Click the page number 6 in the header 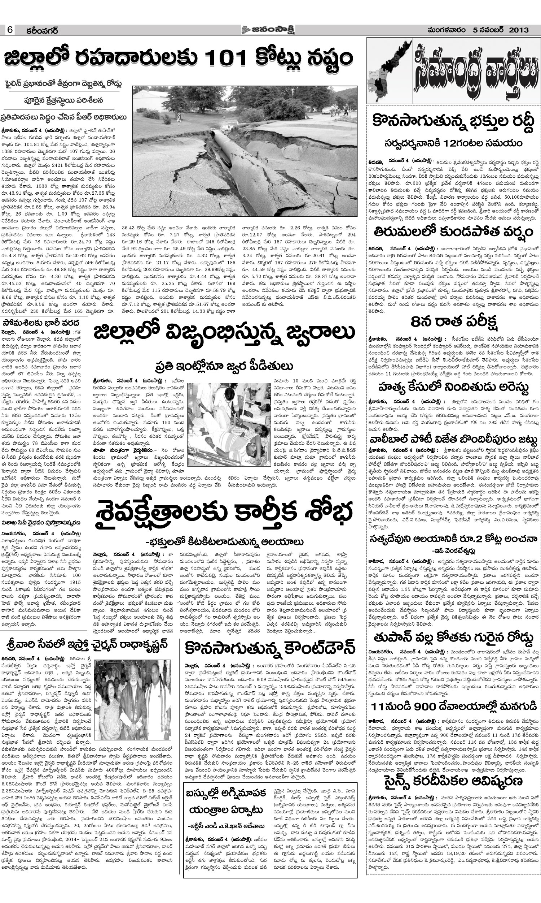point(9,30)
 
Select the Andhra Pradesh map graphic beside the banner point(391,69)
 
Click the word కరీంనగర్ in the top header point(42,30)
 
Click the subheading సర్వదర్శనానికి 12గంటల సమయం point(453,143)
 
